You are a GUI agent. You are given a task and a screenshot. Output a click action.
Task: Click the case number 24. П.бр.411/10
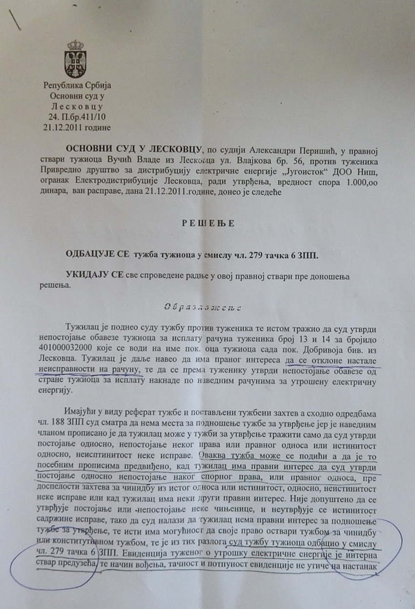pyautogui.click(x=77, y=117)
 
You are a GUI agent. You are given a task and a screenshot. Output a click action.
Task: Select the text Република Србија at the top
pyautogui.click(x=77, y=84)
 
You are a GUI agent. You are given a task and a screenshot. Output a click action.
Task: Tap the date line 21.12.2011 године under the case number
pyautogui.click(x=77, y=127)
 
